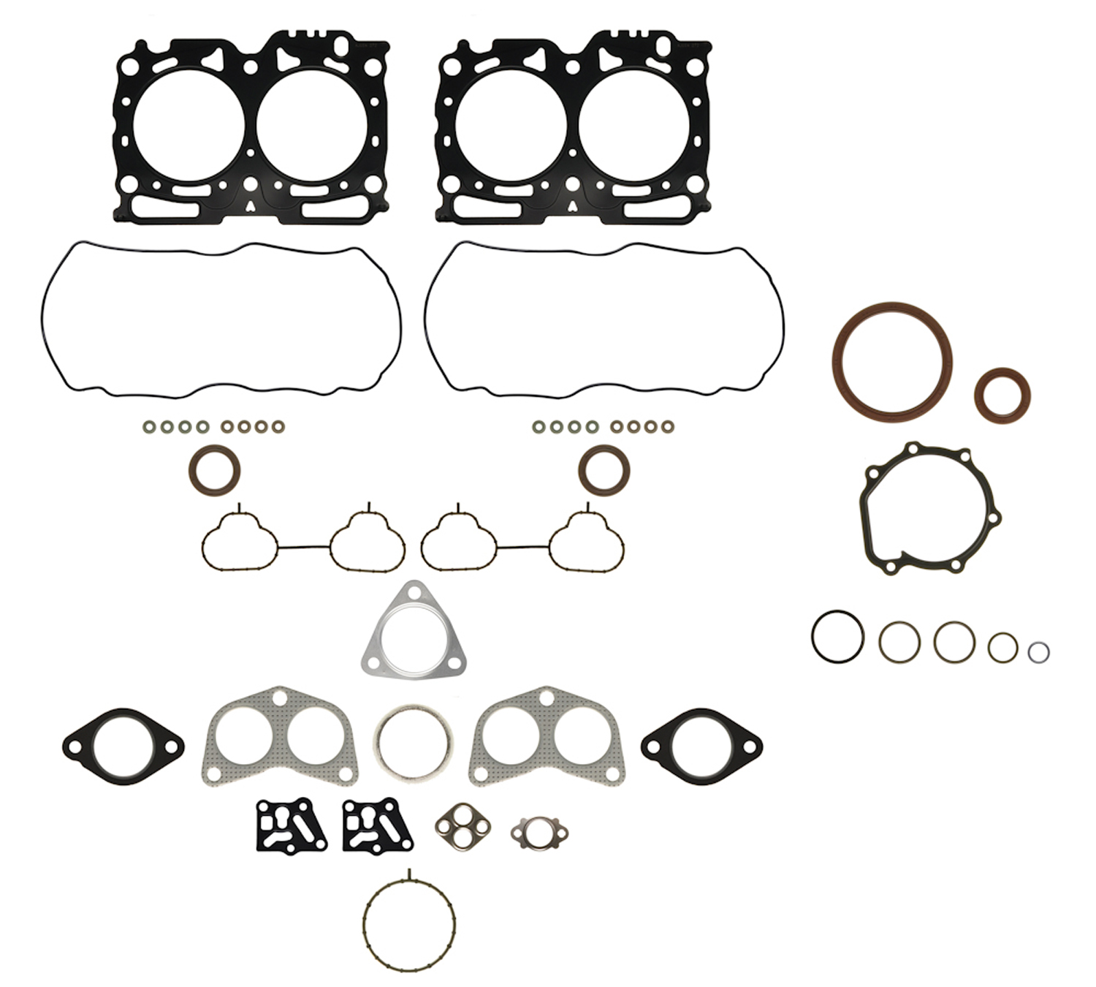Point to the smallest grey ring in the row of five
pos(1038,652)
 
